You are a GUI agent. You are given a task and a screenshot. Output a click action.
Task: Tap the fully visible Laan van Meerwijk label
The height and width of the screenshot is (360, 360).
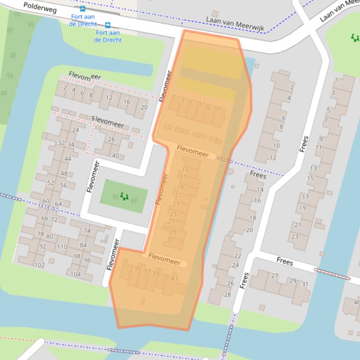pyautogui.click(x=235, y=25)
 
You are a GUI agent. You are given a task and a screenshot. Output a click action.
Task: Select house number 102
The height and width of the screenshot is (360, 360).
pyautogui.click(x=39, y=265)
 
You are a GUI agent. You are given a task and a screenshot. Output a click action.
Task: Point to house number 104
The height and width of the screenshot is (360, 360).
pyautogui.click(x=75, y=274)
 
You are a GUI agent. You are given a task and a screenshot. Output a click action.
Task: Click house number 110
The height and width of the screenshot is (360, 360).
pyautogui.click(x=62, y=246)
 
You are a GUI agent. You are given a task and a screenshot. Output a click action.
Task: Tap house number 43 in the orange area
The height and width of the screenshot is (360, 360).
pyautogui.click(x=175, y=279)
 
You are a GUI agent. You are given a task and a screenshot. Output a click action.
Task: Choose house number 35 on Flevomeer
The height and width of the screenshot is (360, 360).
pyautogui.click(x=137, y=268)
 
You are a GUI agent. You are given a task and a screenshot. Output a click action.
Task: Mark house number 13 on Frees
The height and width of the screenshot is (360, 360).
pyautogui.click(x=313, y=168)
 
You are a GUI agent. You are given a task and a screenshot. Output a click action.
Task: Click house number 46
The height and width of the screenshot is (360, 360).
pyautogui.click(x=357, y=302)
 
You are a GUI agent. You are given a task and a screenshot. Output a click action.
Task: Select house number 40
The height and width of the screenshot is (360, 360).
pyautogui.click(x=115, y=156)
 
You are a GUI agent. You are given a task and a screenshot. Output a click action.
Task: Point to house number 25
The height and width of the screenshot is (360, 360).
pyautogui.click(x=173, y=214)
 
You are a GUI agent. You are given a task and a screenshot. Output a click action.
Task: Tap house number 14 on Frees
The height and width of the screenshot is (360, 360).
pyautogui.click(x=260, y=190)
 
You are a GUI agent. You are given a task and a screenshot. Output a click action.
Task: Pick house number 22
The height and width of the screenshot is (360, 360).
pyautogui.click(x=238, y=256)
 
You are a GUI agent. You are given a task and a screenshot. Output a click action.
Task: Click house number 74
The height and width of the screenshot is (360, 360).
pyautogui.click(x=87, y=230)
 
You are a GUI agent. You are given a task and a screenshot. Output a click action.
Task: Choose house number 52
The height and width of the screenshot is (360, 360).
pyautogui.click(x=51, y=183)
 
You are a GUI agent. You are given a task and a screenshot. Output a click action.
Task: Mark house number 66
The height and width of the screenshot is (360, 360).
pyautogui.click(x=44, y=218)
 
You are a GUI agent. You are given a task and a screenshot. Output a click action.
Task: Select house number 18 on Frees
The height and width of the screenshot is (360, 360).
pyautogui.click(x=253, y=218)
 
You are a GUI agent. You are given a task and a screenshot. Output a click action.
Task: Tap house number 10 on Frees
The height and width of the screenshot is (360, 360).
pyautogui.click(x=276, y=145)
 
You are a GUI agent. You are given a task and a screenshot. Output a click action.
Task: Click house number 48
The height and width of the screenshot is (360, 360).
pyautogui.click(x=64, y=173)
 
